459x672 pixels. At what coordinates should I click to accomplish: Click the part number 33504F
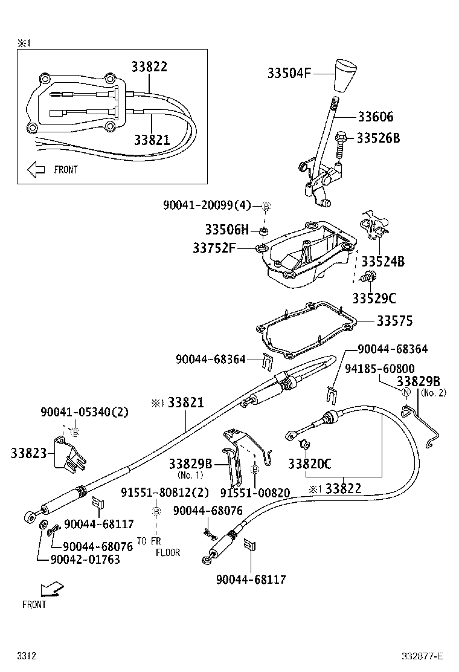(x=289, y=74)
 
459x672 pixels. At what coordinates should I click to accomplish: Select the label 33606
(x=375, y=117)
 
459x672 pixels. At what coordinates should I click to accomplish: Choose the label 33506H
(x=226, y=230)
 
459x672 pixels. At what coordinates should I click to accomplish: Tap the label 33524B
(x=383, y=262)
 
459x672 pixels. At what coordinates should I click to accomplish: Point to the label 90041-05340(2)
(x=85, y=412)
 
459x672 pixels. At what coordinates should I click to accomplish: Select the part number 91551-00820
(x=255, y=493)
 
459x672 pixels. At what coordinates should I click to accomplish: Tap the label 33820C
(x=310, y=464)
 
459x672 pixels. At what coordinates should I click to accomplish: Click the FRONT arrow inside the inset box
(x=37, y=170)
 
